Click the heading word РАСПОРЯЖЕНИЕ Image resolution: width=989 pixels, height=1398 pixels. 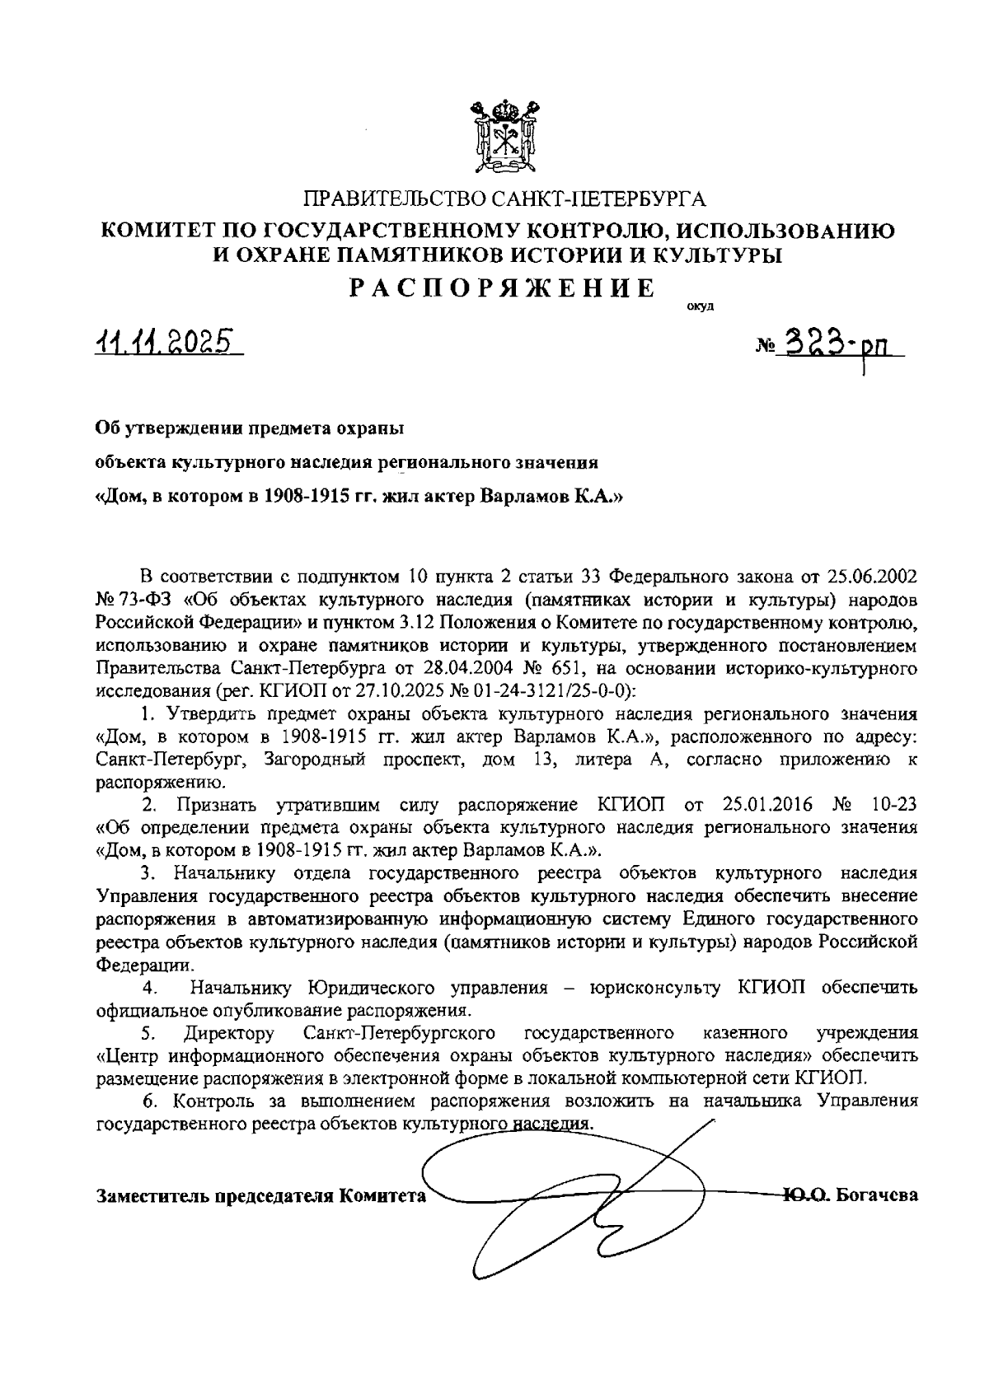[x=504, y=288]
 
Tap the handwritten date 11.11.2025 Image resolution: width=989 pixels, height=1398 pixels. [x=165, y=341]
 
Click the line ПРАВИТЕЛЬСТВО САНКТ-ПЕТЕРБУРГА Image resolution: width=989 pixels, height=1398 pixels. [x=505, y=199]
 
